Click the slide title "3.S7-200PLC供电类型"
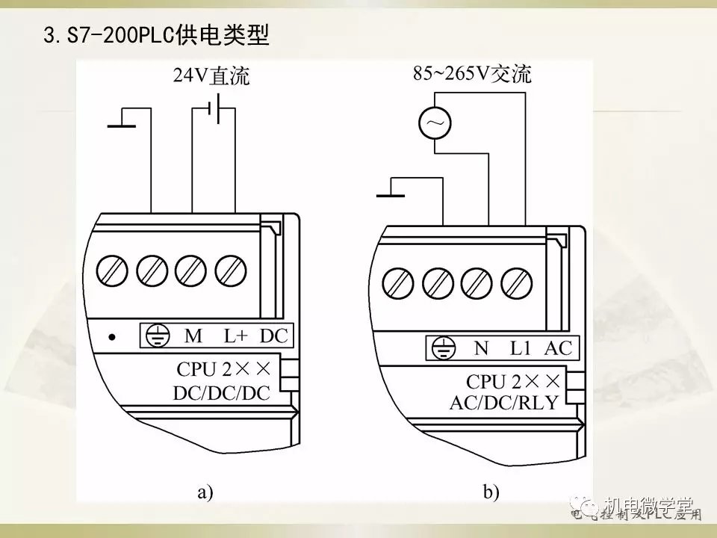pyautogui.click(x=156, y=35)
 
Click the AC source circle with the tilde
pyautogui.click(x=434, y=123)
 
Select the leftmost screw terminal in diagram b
pyautogui.click(x=399, y=282)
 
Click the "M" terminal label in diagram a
pyautogui.click(x=193, y=336)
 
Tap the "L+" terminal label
pyautogui.click(x=236, y=336)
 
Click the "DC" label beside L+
pyautogui.click(x=273, y=336)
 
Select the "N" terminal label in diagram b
pyautogui.click(x=481, y=347)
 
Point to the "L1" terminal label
pyautogui.click(x=520, y=347)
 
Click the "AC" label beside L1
pyautogui.click(x=557, y=347)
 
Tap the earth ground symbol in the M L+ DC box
pyautogui.click(x=156, y=337)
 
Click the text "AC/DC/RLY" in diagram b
pyautogui.click(x=504, y=403)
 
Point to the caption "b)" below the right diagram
pyautogui.click(x=491, y=492)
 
